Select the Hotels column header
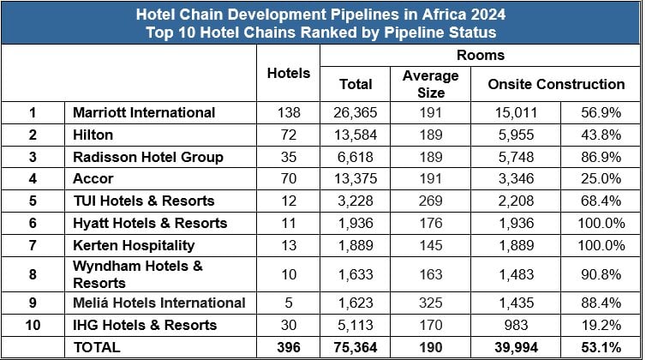tap(289, 73)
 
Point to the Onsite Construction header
tap(556, 84)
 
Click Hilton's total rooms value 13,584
tap(356, 135)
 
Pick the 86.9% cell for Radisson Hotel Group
tap(595, 157)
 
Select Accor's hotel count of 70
tap(289, 178)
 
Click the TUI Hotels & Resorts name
tap(143, 201)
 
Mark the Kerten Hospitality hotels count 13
tap(289, 245)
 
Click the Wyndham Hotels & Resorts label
tap(137, 273)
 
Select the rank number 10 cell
tap(33, 325)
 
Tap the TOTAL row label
tap(97, 347)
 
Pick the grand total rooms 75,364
tap(355, 347)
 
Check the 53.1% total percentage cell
tap(595, 347)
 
